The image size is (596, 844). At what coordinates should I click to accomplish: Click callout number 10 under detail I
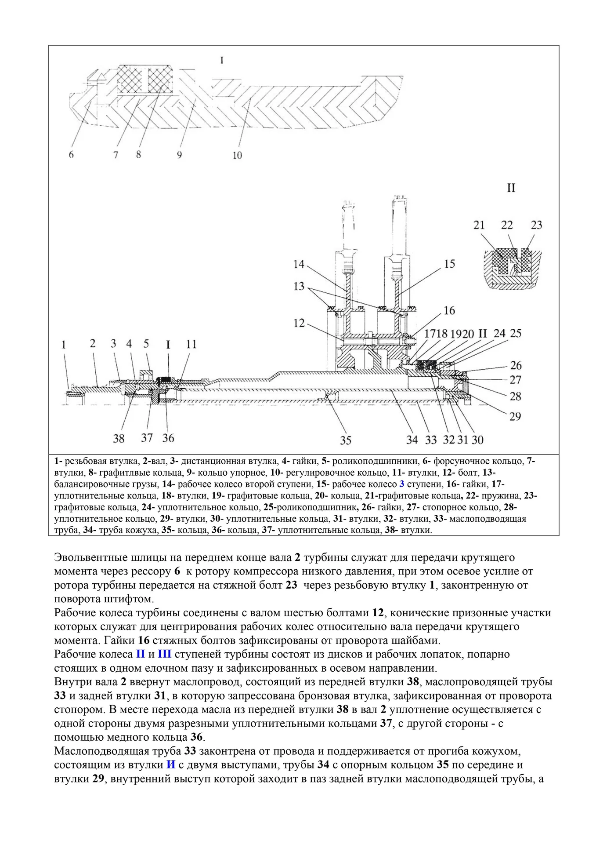(x=237, y=155)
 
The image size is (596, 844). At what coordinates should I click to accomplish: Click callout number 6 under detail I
(x=71, y=155)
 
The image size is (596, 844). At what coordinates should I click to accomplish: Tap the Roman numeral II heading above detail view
(x=511, y=188)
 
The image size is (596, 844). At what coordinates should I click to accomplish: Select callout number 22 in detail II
(x=507, y=225)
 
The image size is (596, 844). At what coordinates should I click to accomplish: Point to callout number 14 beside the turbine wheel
(x=299, y=264)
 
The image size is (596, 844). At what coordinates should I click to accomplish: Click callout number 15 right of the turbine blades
(x=449, y=264)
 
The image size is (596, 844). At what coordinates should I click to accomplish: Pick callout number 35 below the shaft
(x=346, y=440)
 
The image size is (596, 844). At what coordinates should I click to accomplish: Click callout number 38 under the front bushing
(x=119, y=438)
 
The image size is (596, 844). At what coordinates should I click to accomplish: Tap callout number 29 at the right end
(x=515, y=416)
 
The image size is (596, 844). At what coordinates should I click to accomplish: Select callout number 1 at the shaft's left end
(x=64, y=344)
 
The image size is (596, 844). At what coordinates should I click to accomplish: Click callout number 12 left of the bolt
(x=299, y=323)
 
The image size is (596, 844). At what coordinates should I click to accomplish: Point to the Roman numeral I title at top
(x=222, y=60)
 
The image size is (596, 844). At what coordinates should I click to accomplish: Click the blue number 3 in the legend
(x=401, y=484)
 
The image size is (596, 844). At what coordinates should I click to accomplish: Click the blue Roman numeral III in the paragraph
(x=164, y=654)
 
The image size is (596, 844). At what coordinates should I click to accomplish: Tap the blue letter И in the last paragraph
(x=171, y=764)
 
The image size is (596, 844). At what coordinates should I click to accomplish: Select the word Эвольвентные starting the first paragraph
(x=91, y=558)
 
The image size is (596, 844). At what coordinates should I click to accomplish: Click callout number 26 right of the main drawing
(x=516, y=365)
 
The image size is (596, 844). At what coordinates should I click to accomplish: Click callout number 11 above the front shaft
(x=191, y=344)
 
